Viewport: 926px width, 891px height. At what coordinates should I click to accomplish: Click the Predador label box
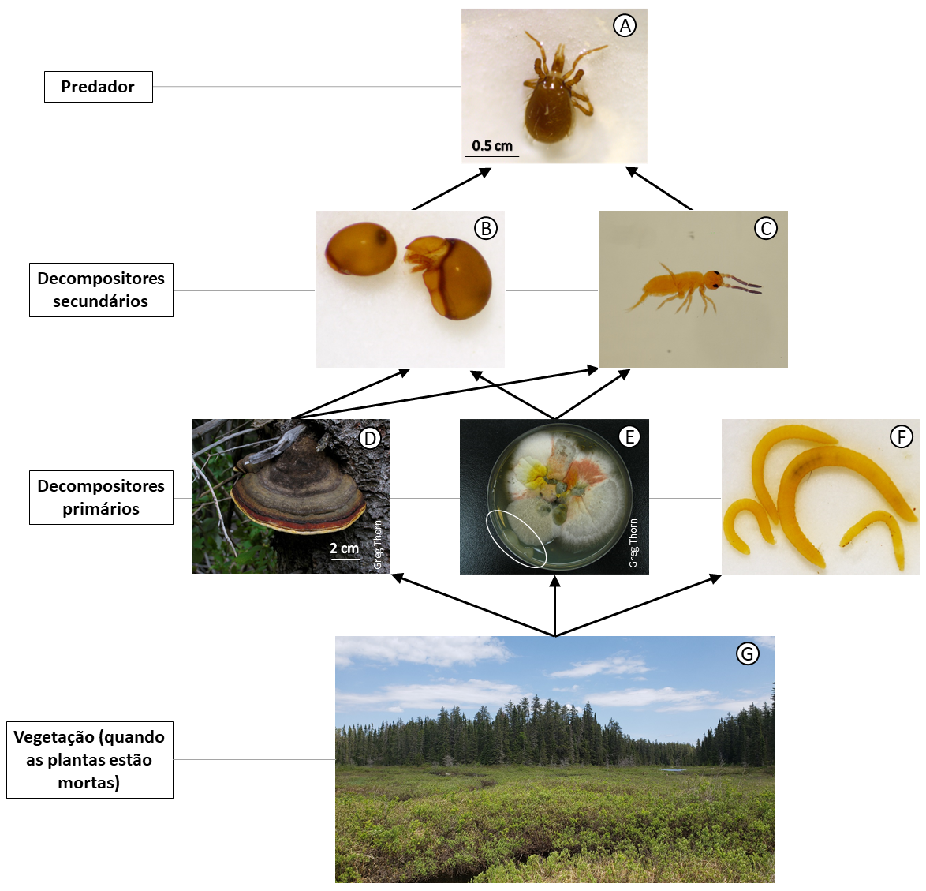coord(98,86)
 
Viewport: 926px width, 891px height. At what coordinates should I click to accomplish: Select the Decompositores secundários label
coord(101,290)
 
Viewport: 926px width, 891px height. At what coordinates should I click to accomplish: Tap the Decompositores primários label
coord(101,497)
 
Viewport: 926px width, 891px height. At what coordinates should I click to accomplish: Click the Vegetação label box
coord(90,759)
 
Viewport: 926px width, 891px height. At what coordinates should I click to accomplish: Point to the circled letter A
coord(624,25)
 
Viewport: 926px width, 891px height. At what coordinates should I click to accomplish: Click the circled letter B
coord(485,228)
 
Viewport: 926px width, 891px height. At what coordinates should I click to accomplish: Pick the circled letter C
coord(766,228)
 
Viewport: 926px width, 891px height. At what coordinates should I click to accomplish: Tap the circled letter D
coord(370,438)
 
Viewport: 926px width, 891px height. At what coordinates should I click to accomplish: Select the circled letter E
coord(629,436)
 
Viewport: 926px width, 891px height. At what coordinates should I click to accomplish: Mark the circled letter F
coord(902,436)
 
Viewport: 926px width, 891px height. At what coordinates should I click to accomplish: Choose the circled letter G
coord(747,653)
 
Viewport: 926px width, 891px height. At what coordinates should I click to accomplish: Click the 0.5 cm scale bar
coord(491,156)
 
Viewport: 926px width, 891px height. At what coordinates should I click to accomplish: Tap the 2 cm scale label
coord(345,548)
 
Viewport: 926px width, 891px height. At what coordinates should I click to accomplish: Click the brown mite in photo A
coord(552,95)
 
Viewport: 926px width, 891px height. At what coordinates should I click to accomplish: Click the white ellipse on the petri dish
coord(516,540)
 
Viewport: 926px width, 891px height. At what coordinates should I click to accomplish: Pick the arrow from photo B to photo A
coord(452,189)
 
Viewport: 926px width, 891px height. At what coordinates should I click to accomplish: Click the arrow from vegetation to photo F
coord(638,605)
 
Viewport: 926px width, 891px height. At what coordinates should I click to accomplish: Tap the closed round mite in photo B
coord(360,249)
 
